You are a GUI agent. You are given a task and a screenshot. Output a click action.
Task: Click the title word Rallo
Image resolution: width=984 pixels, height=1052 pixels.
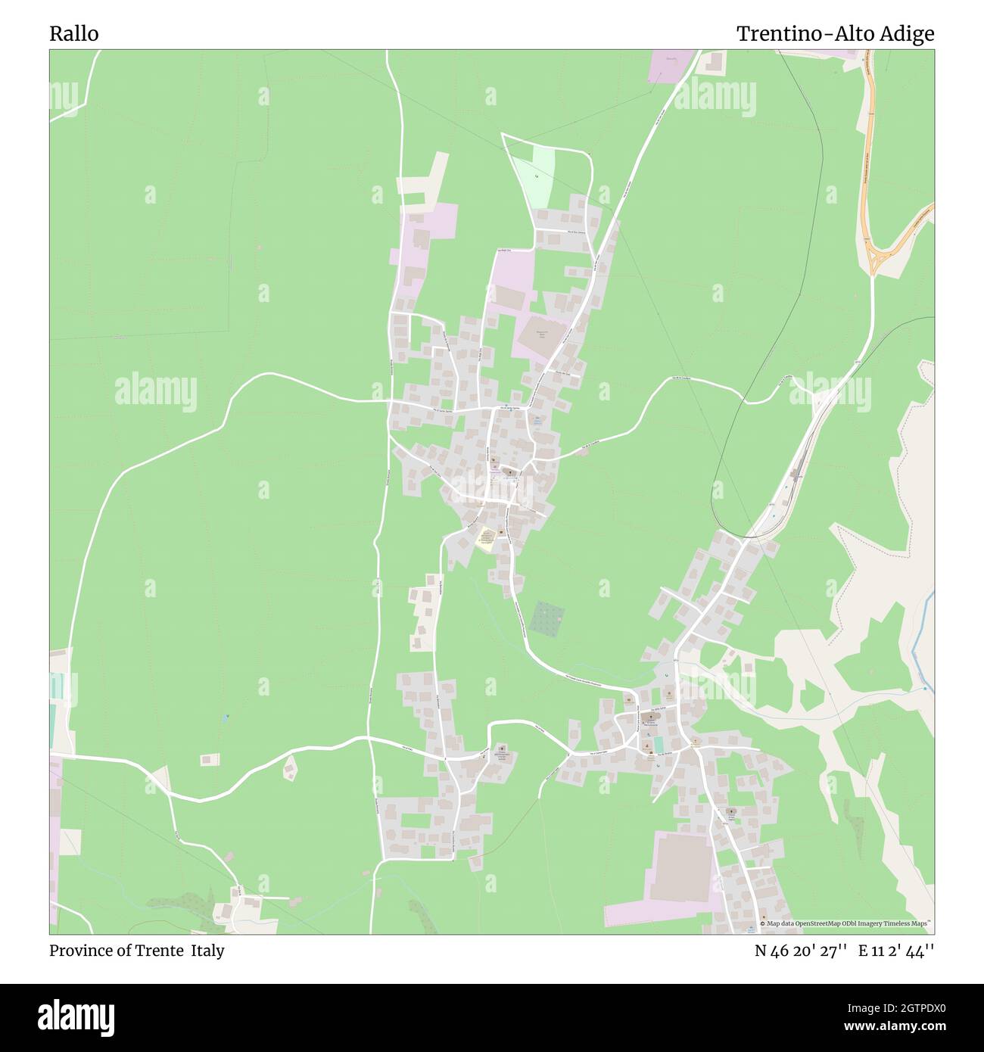73,34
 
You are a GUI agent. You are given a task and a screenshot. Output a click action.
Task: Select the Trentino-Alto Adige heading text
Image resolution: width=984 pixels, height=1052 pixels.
835,34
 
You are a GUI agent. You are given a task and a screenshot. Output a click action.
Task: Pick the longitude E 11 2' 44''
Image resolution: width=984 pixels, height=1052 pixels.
896,951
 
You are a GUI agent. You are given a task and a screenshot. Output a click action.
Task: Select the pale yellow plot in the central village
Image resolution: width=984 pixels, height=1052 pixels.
485,540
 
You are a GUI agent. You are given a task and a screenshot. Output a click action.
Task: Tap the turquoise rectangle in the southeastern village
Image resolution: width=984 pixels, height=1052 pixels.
659,744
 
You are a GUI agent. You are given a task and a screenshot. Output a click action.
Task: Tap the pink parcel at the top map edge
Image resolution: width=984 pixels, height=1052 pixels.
671,65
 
